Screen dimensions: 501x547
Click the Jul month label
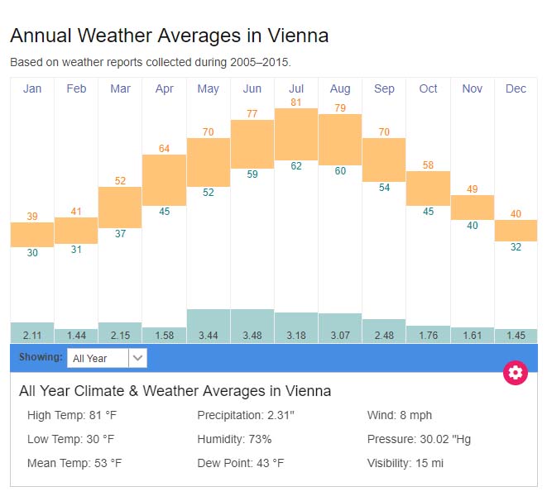coord(296,88)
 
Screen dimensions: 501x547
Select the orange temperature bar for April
coord(164,179)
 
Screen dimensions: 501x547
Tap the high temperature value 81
coord(296,103)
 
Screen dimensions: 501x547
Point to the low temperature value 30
coord(32,253)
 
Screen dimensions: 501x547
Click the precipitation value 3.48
coord(252,336)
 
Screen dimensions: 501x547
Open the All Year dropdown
coord(108,358)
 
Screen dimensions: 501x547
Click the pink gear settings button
coord(516,372)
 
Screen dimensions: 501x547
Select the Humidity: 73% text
coord(234,439)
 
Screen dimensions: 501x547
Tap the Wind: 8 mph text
coord(400,415)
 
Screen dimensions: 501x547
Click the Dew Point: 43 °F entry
coord(241,463)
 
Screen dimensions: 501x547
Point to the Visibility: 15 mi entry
coord(405,463)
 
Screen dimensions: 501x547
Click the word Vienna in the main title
coord(299,36)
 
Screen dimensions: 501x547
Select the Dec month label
coord(516,88)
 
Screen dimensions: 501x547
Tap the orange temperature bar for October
coord(428,188)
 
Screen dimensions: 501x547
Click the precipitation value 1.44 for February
coord(76,336)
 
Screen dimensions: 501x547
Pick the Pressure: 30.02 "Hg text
coord(419,439)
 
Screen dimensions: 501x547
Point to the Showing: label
coord(41,357)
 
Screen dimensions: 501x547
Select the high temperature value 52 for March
coord(120,180)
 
